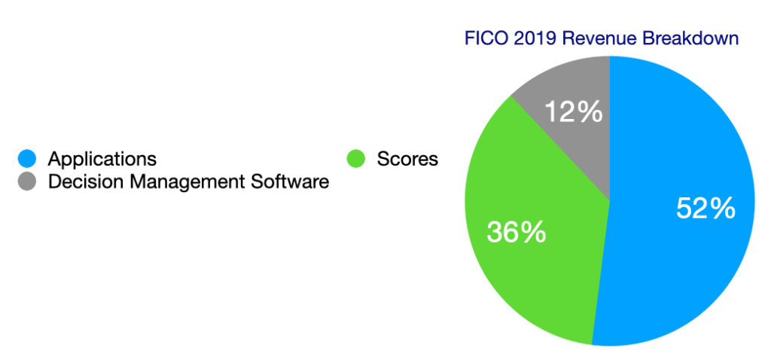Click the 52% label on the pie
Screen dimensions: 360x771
[705, 209]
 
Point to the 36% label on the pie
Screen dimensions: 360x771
[517, 231]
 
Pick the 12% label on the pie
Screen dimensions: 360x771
[574, 112]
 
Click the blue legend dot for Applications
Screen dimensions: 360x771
[26, 159]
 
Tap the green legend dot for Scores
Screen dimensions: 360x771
[355, 159]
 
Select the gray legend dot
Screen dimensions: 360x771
[26, 182]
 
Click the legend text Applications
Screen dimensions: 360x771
[102, 159]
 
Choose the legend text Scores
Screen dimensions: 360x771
[407, 159]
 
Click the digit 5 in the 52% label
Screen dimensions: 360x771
[684, 209]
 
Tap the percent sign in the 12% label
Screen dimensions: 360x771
[590, 112]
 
